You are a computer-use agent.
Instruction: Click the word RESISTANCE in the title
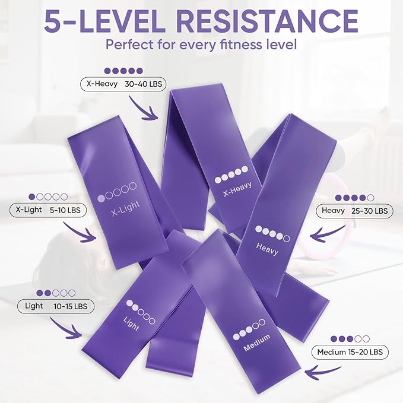[x=267, y=21]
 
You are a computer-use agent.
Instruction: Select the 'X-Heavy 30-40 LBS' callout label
[x=123, y=84]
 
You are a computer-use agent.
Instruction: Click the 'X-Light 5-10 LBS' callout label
[x=48, y=210]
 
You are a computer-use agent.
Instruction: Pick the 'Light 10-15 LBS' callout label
[x=56, y=306]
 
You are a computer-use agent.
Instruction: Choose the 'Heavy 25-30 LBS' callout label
[x=354, y=211]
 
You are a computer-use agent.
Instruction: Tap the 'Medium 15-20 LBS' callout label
[x=350, y=352]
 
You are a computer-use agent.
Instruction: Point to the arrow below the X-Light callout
[x=79, y=233]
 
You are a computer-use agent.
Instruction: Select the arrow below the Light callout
[x=64, y=328]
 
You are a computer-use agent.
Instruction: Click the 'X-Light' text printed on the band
[x=125, y=208]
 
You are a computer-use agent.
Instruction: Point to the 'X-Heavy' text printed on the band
[x=237, y=189]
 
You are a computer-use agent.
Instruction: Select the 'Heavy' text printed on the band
[x=267, y=249]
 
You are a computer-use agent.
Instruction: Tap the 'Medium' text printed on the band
[x=257, y=342]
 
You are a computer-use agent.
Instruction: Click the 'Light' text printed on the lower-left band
[x=131, y=324]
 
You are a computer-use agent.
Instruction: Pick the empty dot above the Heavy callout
[x=370, y=198]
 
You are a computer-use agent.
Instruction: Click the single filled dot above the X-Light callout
[x=32, y=197]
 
